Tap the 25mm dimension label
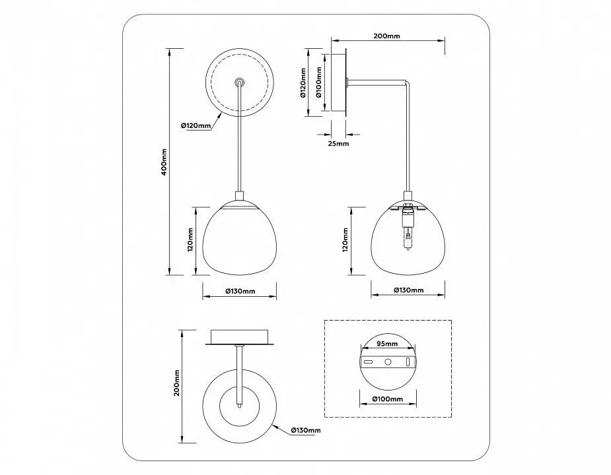[338, 143]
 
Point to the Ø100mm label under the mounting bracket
[387, 398]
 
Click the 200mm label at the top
[386, 36]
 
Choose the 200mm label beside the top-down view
[176, 383]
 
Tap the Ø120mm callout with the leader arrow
[196, 125]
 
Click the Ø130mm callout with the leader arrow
[305, 430]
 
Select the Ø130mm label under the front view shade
[240, 291]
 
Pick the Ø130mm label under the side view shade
[408, 290]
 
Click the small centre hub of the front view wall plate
[239, 82]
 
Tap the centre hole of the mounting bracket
[388, 362]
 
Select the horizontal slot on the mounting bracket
[368, 362]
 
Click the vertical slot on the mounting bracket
[408, 362]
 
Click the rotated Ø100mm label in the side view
[318, 82]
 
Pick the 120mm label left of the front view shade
[190, 240]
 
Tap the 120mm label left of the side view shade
[345, 240]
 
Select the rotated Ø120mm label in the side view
[303, 82]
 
